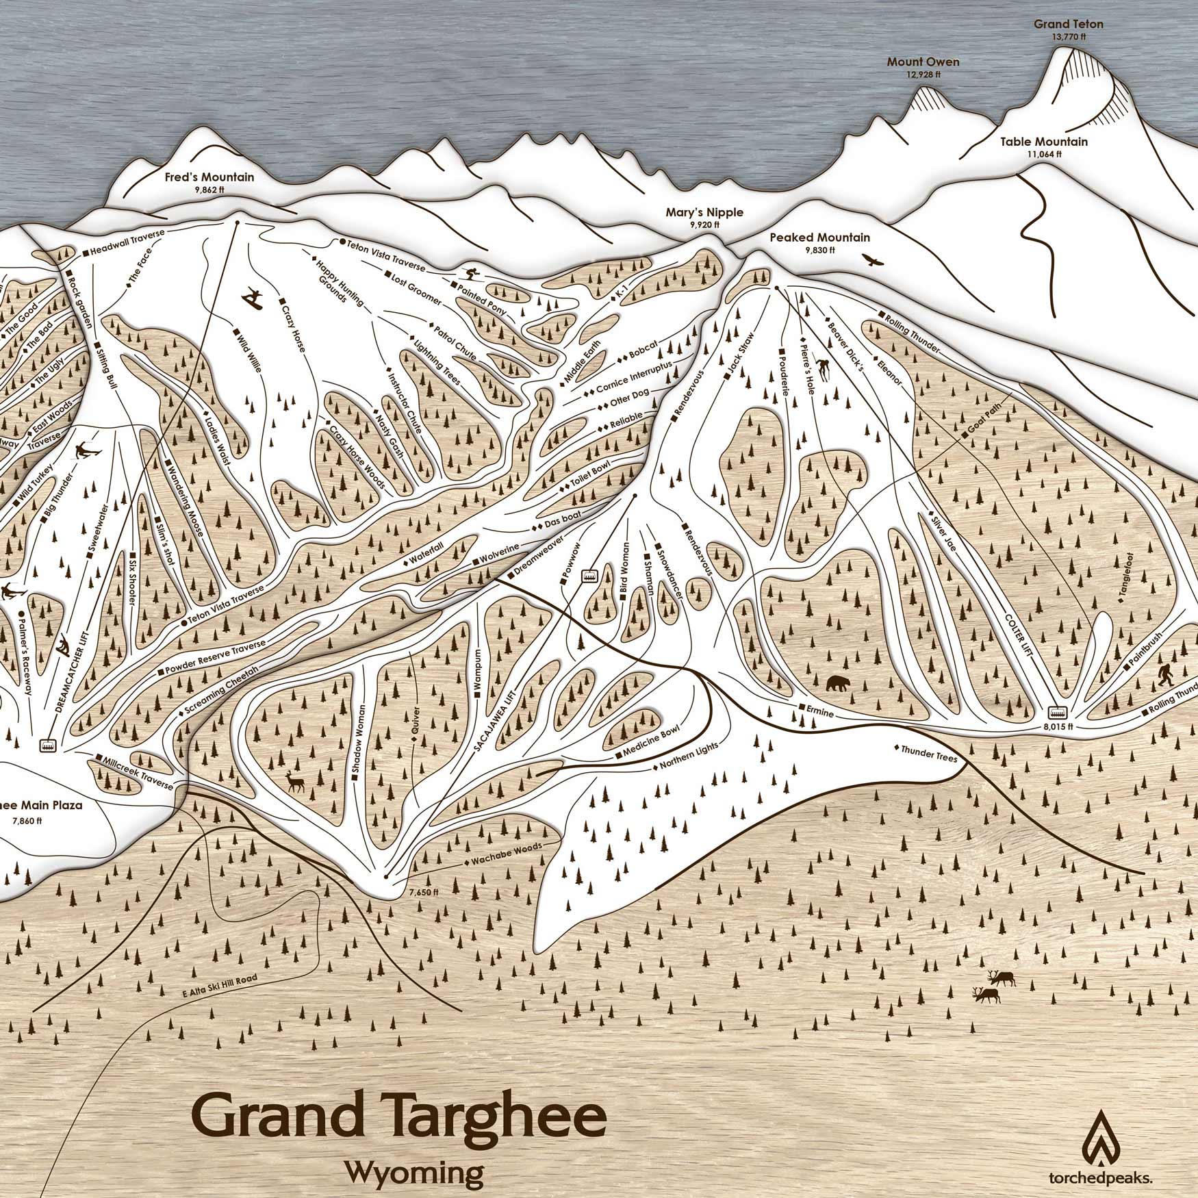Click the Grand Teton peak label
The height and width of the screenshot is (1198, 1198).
pos(1068,25)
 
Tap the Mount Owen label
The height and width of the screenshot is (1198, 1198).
pos(923,62)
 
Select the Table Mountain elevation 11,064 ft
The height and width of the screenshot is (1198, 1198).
pos(1043,154)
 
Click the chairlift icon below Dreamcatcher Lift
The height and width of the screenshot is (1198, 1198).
pos(49,745)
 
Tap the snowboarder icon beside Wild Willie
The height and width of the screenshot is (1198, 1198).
pos(252,296)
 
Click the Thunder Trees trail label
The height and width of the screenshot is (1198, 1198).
pos(925,751)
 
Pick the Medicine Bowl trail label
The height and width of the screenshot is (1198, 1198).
pos(646,741)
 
